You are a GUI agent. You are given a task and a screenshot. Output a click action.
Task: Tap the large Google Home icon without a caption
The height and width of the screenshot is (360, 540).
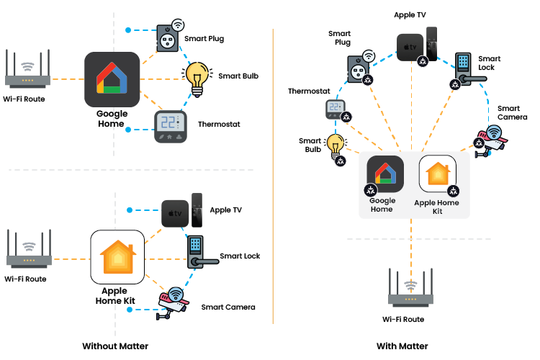pos(112,79)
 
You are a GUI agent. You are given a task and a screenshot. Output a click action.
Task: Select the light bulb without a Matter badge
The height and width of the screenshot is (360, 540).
pos(197,78)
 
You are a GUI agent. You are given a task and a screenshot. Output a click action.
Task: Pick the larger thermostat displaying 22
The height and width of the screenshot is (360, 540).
pos(171,126)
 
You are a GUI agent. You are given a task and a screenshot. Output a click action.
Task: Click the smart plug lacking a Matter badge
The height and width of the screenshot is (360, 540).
pos(167,39)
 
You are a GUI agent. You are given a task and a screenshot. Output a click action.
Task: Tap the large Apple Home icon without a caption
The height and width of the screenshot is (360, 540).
pos(117,257)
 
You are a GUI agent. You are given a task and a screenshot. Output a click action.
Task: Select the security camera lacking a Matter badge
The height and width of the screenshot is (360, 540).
pos(173,300)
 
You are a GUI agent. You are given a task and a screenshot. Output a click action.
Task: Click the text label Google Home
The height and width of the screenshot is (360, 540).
pos(382,205)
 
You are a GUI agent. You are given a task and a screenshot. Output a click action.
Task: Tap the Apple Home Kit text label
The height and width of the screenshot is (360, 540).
pos(437,207)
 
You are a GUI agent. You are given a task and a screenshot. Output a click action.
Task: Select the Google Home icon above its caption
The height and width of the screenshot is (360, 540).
pos(385,174)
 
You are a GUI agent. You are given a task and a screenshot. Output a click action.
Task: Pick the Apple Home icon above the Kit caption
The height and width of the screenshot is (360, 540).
pos(438,174)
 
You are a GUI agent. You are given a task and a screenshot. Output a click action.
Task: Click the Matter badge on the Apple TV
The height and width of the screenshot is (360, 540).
pos(423,62)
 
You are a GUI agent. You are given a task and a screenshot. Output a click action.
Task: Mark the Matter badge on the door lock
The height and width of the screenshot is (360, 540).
pos(455,84)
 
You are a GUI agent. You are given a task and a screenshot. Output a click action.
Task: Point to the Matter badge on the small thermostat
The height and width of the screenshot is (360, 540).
pos(347,116)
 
